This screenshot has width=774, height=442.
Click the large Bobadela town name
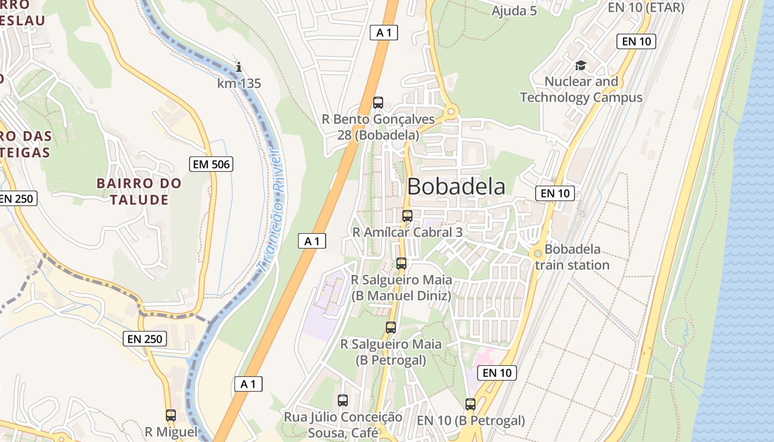456,187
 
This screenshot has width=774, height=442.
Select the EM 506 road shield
211,164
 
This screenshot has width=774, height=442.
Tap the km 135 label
239,83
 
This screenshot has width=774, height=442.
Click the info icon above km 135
239,67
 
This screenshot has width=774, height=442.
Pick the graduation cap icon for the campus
580,66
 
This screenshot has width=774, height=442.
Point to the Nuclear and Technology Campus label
581,90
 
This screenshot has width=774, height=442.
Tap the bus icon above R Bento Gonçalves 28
378,102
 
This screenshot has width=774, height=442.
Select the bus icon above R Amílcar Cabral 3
407,215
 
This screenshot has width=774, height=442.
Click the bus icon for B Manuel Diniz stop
401,264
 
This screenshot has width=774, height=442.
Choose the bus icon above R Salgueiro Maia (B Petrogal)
391,328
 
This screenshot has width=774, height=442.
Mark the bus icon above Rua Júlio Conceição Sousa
343,400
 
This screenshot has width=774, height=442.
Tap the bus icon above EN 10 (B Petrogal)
470,404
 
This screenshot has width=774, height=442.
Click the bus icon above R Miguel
171,415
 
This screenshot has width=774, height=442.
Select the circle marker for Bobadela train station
537,253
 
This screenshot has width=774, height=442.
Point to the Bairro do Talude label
139,191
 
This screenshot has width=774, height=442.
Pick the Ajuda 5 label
514,10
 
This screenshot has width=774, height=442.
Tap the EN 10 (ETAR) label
646,7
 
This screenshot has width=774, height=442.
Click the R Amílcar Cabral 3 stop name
407,232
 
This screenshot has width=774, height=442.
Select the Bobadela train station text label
573,257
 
